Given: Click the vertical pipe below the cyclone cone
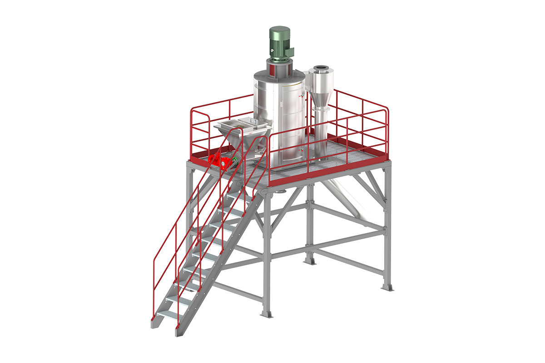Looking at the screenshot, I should (x=321, y=132).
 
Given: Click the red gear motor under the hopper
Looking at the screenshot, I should (x=218, y=160).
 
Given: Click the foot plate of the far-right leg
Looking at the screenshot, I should (x=387, y=287).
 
